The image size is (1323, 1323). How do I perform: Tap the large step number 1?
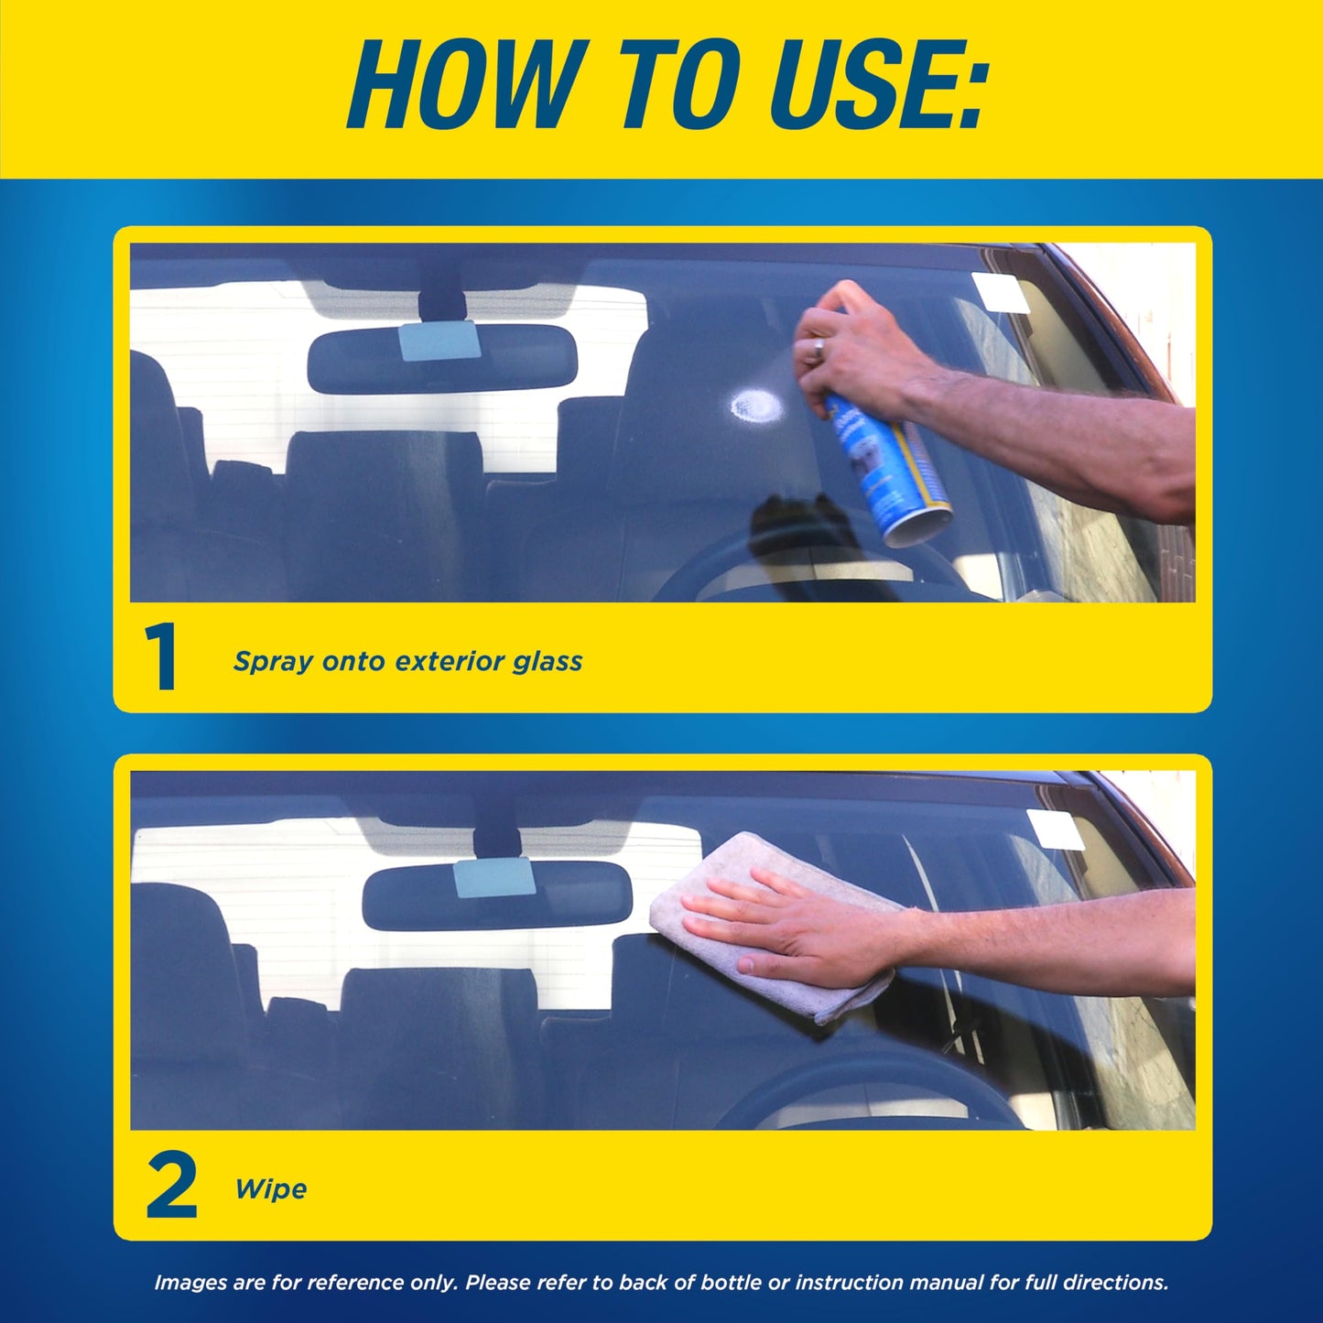[x=162, y=657]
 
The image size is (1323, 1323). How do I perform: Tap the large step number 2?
[x=171, y=1187]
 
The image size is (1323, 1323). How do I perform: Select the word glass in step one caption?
[x=547, y=661]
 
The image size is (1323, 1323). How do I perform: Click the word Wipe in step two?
[x=270, y=1189]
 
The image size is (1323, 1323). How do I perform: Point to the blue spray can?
[x=888, y=476]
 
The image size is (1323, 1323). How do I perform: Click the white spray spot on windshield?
[x=754, y=405]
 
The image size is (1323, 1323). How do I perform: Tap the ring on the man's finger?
[x=819, y=348]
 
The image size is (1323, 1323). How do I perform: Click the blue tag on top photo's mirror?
[x=439, y=342]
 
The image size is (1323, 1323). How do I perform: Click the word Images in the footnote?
[x=190, y=1283]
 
